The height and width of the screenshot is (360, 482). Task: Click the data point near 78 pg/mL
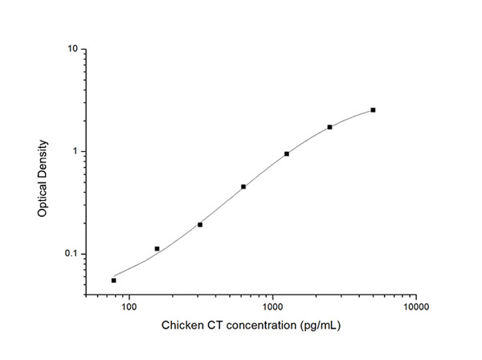click(x=113, y=280)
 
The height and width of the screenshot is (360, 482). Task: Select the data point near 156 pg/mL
click(x=157, y=249)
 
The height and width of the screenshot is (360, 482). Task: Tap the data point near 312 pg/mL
click(x=200, y=224)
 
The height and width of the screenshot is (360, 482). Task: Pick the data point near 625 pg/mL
click(x=243, y=186)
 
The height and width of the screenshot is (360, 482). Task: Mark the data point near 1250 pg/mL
click(x=287, y=153)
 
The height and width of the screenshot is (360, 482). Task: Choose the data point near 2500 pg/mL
click(x=329, y=127)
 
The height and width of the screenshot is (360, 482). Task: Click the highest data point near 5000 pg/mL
click(x=373, y=110)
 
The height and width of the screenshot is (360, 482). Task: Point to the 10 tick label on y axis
click(x=71, y=50)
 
